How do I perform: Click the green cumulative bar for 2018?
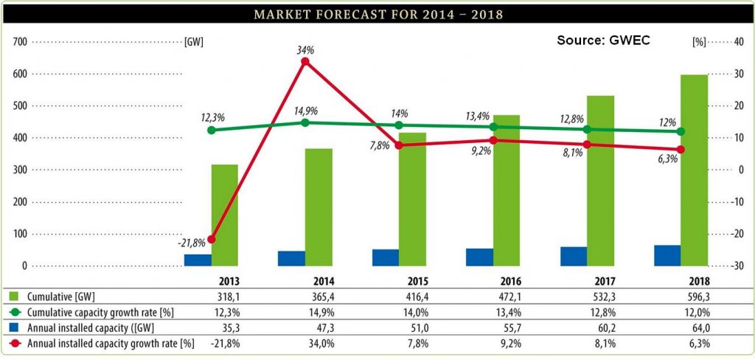(694, 170)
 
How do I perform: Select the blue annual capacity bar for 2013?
(198, 260)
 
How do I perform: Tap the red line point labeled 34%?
(305, 62)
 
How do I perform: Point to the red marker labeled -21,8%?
(212, 239)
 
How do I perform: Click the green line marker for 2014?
(305, 122)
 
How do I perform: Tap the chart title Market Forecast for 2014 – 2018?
(377, 15)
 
